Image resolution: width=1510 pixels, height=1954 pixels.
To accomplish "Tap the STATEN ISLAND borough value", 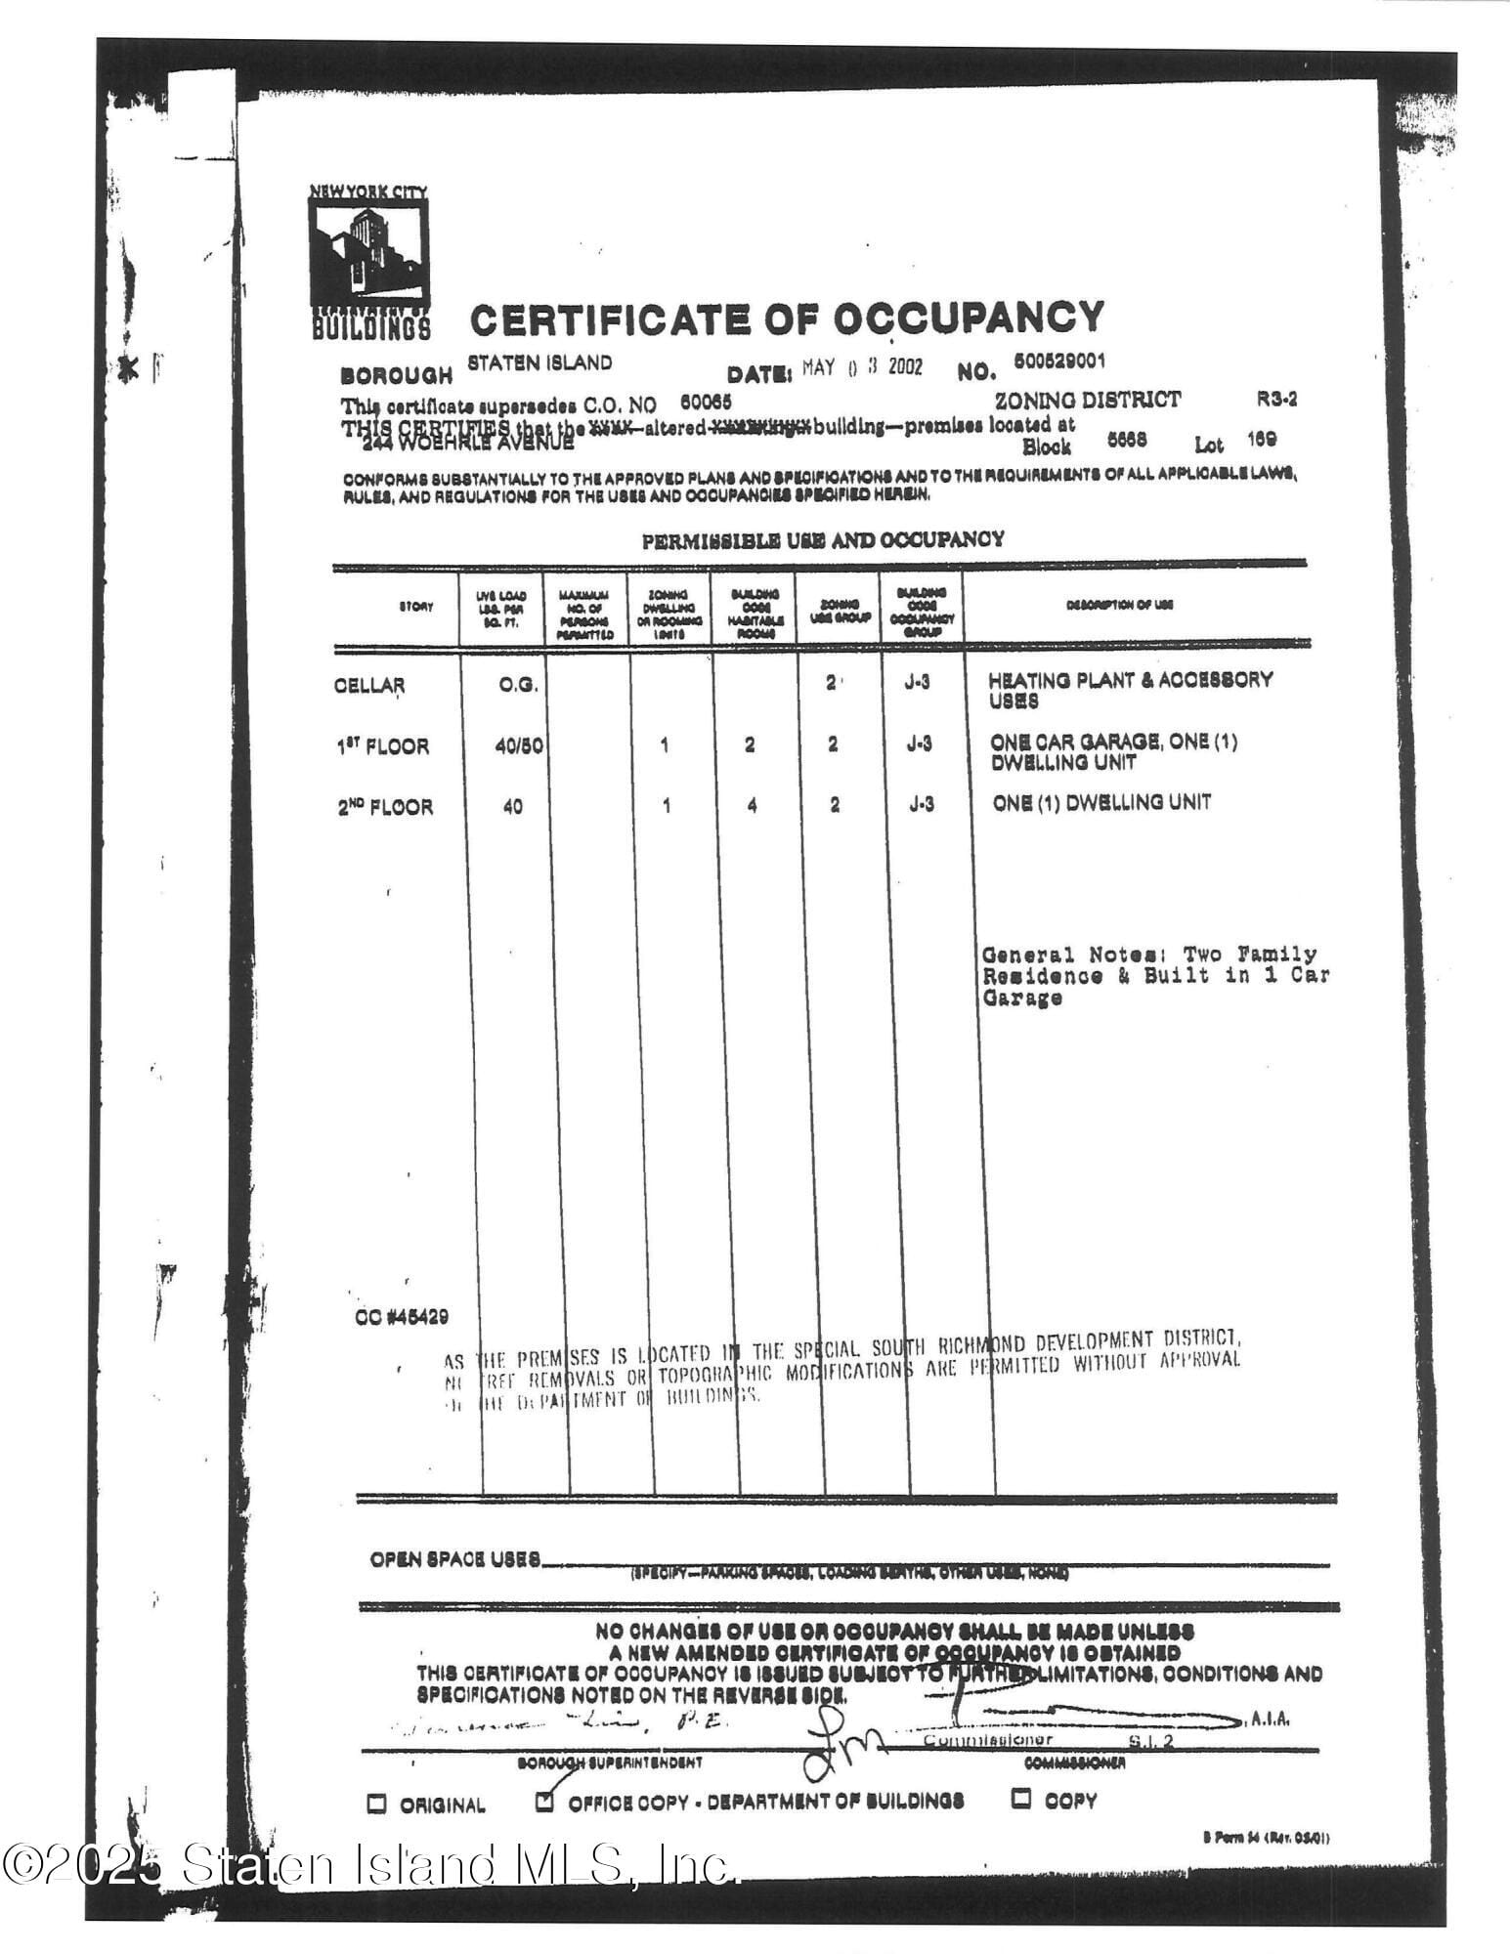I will point(539,362).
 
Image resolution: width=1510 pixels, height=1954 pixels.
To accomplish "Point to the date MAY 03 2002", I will point(862,368).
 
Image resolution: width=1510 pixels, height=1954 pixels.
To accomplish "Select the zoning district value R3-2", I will point(1276,400).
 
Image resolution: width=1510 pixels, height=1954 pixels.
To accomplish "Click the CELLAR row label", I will point(368,685).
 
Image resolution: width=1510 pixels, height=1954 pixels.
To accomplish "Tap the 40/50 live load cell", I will point(518,746).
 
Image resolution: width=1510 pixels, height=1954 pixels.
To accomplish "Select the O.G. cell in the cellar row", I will point(517,685).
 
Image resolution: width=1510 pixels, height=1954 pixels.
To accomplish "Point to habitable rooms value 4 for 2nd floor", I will point(752,806).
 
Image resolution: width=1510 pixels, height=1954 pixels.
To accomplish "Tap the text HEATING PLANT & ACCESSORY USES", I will point(1129,690).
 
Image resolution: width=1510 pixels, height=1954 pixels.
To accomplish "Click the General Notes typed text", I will point(1153,975).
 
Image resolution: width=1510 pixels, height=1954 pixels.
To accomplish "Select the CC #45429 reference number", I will point(402,1317).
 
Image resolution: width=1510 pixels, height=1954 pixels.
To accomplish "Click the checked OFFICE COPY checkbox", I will point(545,1801).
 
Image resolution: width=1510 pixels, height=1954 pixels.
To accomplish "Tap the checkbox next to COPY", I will point(1022,1798).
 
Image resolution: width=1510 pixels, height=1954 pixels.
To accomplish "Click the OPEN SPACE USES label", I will point(454,1559).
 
